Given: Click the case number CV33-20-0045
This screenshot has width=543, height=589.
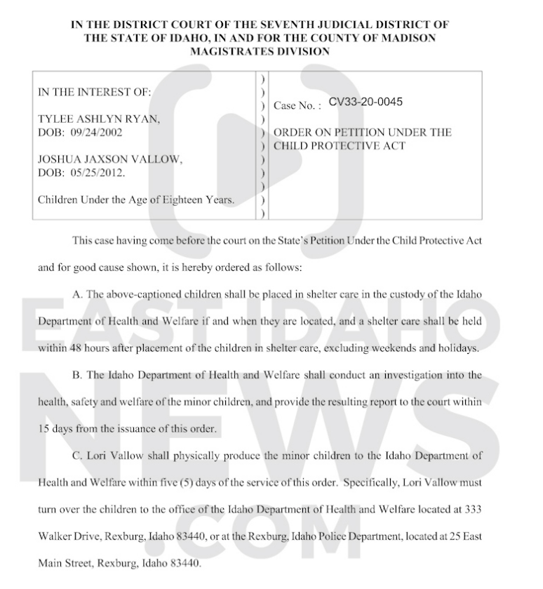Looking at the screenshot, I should (x=366, y=102).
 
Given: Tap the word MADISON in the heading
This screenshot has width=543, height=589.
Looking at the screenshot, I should (x=403, y=38).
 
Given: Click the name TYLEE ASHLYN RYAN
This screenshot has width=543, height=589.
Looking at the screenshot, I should (x=99, y=119).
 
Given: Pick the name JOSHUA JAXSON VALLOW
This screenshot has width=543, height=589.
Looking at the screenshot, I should (x=109, y=159).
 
